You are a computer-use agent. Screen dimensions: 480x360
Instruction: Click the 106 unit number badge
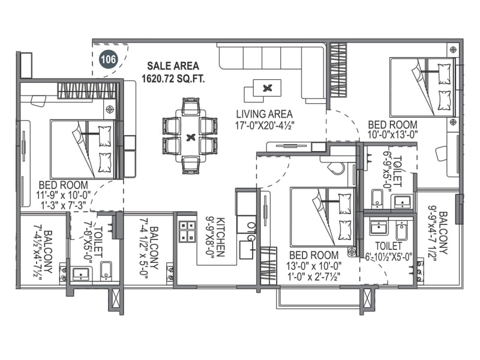[x=109, y=59]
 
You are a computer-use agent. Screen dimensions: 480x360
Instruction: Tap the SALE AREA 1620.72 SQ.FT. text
[x=173, y=72]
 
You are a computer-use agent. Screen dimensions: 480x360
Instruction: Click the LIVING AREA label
[x=265, y=114]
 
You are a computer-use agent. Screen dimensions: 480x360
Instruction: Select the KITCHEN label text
[x=220, y=237]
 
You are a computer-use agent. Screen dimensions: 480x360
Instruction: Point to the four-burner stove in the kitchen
[x=187, y=230]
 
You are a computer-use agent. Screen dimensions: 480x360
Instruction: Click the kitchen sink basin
[x=247, y=250]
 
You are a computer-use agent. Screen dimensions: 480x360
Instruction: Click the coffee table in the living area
[x=267, y=88]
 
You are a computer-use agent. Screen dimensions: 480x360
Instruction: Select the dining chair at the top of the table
[x=190, y=107]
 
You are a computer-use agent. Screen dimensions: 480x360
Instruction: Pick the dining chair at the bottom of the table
[x=190, y=165]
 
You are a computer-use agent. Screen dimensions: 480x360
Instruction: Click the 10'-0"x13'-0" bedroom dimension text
[x=393, y=134]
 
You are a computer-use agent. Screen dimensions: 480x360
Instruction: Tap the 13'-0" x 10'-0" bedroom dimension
[x=314, y=266]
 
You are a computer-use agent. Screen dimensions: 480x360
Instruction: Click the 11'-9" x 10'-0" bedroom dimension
[x=64, y=195]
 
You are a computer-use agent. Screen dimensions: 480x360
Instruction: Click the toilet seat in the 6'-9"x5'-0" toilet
[x=377, y=199]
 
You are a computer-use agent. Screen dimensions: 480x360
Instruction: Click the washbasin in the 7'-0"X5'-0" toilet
[x=81, y=274]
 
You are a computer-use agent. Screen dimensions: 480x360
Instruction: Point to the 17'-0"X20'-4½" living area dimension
[x=265, y=125]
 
